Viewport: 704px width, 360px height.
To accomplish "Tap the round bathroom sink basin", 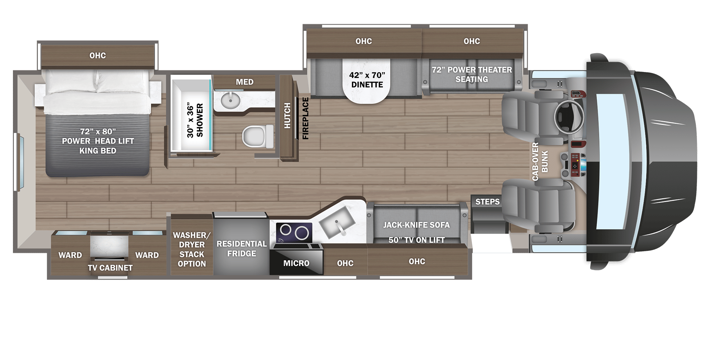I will pyautogui.click(x=230, y=101).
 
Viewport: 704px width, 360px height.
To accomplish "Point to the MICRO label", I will pyautogui.click(x=296, y=263).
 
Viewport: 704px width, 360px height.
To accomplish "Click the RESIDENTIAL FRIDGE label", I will pyautogui.click(x=242, y=248).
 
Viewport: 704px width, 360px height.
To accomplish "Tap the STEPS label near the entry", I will pyautogui.click(x=487, y=202).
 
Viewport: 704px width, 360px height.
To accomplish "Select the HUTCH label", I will pyautogui.click(x=287, y=116).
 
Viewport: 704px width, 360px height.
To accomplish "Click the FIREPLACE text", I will pyautogui.click(x=305, y=118).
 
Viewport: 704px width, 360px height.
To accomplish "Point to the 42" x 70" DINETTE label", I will pyautogui.click(x=367, y=80).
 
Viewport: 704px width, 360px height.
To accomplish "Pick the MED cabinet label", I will pyautogui.click(x=244, y=82).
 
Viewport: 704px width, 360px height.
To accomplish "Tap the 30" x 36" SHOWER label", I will pyautogui.click(x=195, y=120).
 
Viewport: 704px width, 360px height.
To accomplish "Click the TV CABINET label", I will pyautogui.click(x=110, y=268).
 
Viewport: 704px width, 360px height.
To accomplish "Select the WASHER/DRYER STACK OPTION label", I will pyautogui.click(x=192, y=249).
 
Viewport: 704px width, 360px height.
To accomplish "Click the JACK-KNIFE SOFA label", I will pyautogui.click(x=416, y=225).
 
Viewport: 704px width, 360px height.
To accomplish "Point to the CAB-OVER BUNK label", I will pyautogui.click(x=540, y=161).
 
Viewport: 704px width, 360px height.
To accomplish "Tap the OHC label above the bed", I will pyautogui.click(x=97, y=56).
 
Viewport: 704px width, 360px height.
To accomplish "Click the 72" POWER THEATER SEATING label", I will pyautogui.click(x=472, y=74).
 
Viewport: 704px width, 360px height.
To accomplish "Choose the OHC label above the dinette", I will pyautogui.click(x=363, y=41).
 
